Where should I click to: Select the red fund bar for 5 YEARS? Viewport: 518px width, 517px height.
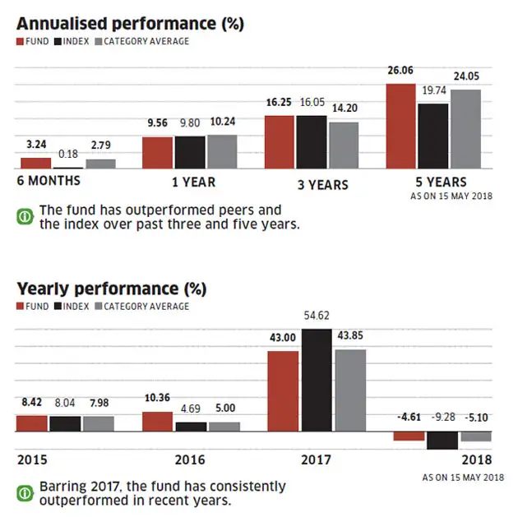(400, 126)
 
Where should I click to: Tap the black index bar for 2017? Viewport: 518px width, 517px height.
(318, 380)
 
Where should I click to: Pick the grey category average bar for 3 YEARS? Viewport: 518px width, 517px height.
(344, 145)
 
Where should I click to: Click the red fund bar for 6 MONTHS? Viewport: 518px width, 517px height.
(35, 163)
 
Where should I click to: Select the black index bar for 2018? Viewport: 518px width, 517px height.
(442, 440)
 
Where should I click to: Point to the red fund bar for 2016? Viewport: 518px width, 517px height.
(158, 422)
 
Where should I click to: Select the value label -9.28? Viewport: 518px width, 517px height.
(442, 418)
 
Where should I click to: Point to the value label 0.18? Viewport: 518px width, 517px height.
(68, 154)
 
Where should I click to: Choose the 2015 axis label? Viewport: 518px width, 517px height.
(32, 459)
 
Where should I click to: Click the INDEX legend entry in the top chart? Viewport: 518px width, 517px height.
(72, 40)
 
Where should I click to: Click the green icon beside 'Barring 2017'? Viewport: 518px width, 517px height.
(25, 493)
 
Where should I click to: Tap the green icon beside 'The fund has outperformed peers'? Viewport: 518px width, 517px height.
(25, 217)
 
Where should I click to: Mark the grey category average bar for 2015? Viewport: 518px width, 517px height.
(98, 423)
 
